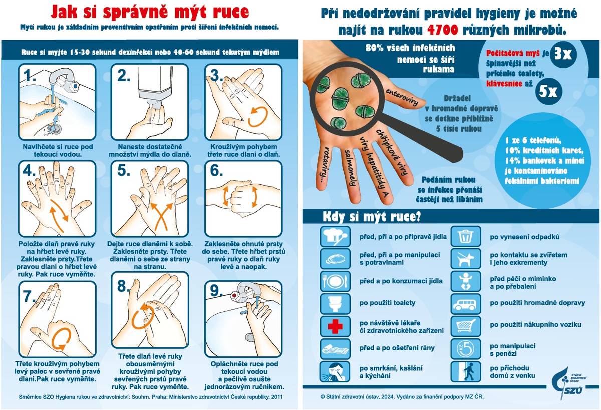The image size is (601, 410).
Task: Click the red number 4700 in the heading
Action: tap(442, 30)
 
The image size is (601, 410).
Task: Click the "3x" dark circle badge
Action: tap(563, 54)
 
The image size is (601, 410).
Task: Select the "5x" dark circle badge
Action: tap(548, 92)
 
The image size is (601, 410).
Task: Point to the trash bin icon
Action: tap(465, 236)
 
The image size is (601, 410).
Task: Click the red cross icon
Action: tap(335, 326)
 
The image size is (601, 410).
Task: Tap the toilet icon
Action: tap(335, 303)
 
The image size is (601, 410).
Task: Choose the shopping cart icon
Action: tap(465, 326)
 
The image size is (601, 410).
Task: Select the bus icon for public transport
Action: tap(465, 303)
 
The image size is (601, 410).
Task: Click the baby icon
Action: tap(465, 281)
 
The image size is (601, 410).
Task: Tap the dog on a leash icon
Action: tap(465, 259)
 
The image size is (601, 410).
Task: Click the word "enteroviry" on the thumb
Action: tap(402, 97)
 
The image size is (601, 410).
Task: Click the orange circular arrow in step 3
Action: tap(258, 117)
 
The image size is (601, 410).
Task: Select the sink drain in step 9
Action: tap(250, 337)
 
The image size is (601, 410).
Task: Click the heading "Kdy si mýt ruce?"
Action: tap(372, 217)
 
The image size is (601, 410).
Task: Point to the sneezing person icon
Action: tap(335, 371)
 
